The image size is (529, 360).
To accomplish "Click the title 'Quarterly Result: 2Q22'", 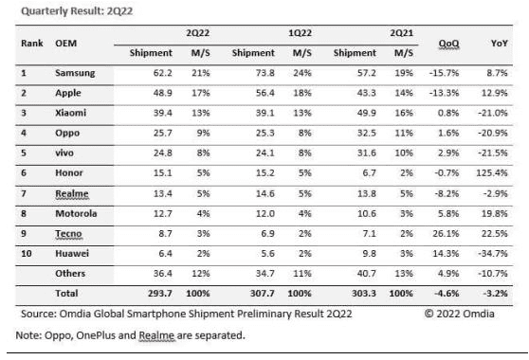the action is pos(77,11).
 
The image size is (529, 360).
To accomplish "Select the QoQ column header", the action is pos(448,44).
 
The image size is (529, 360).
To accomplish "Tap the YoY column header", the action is pos(500,44).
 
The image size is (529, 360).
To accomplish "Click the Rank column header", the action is pos(32,44).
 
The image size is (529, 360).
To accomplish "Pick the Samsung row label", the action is pos(75,73).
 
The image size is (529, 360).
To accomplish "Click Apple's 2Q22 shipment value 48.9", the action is pos(163,93).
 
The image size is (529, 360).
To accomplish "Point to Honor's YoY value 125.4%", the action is pos(492,173).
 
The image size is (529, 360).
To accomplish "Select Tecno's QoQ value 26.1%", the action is pos(446,234).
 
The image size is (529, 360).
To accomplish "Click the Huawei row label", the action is pos(72,254).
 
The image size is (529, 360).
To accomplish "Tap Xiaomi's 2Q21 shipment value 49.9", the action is pos(366,113).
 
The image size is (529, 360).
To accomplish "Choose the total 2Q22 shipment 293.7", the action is pos(160,294).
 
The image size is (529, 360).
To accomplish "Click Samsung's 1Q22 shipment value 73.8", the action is pos(264,73).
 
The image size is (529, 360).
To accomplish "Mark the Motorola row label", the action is pos(76,213).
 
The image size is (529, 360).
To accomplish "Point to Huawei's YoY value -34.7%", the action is pos(493,254).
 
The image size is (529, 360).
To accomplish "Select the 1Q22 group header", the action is pos(300,33).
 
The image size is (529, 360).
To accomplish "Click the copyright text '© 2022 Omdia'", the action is pos(460,314).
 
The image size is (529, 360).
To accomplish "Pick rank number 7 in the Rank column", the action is pos(24,193).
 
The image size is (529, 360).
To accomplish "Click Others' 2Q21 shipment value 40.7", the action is pos(366,274).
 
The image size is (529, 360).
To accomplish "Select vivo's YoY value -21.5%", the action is pos(493,153).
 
